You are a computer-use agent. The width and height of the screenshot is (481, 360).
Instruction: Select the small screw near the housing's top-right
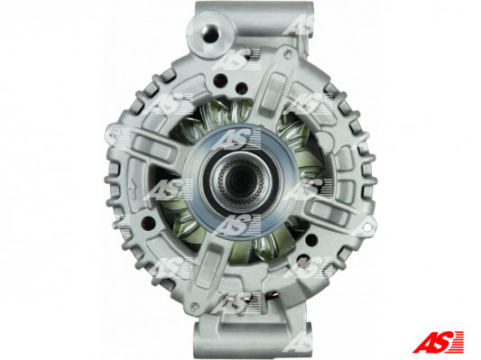tap(287, 55)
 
